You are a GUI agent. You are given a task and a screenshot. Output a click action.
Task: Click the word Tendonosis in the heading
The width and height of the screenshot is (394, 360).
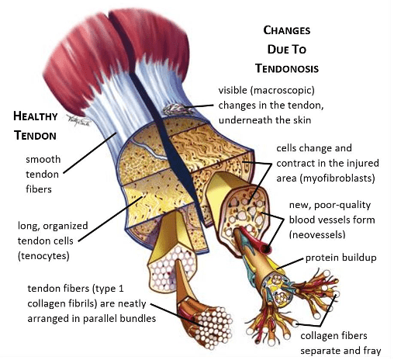coord(287,68)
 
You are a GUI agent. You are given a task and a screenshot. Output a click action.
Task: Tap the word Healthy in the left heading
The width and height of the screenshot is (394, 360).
coord(36,116)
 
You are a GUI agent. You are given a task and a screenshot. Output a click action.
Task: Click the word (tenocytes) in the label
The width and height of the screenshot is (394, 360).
coord(43,256)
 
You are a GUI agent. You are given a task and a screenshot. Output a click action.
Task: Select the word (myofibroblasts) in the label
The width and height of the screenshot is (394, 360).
coord(337,178)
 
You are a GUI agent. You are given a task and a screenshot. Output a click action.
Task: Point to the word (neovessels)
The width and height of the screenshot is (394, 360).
coord(317,235)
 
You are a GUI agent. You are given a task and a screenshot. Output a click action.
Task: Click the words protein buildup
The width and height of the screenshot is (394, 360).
coord(341,258)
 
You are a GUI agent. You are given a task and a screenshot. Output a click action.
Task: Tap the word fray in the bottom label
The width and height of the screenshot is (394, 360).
coord(372,351)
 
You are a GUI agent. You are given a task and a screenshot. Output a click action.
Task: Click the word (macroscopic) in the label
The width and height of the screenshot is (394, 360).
coord(282,91)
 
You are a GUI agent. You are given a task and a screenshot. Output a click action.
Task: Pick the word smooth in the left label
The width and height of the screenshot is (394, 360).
coord(43,159)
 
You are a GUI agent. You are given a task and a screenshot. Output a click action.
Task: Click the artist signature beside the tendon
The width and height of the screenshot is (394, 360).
coord(78,120)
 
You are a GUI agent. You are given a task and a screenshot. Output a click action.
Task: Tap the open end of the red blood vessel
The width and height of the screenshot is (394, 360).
coord(266,249)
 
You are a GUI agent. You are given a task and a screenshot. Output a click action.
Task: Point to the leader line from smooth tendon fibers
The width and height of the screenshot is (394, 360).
coord(90,153)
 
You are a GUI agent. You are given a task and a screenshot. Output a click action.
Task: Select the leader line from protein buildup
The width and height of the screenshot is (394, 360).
coord(290,264)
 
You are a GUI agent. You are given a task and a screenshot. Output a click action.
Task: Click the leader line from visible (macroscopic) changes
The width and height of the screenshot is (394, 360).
coord(199,106)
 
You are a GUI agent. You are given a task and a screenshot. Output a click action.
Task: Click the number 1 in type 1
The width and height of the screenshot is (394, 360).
coord(121,289)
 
